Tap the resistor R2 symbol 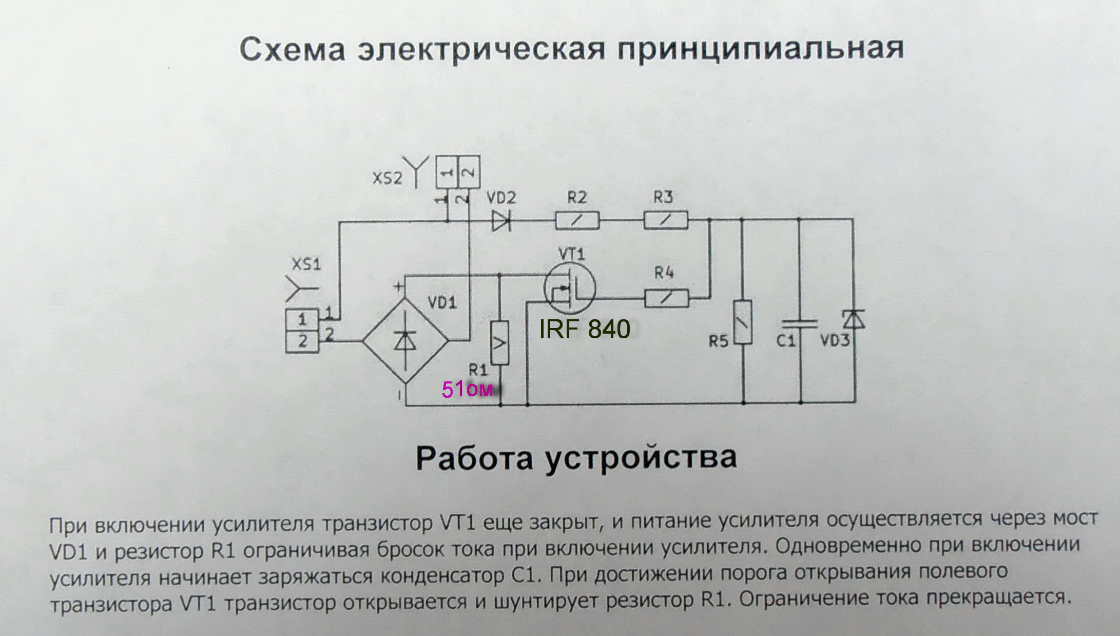[577, 221]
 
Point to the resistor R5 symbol [743, 322]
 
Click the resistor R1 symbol [499, 342]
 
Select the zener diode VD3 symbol [854, 319]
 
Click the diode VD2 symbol [501, 221]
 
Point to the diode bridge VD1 [405, 340]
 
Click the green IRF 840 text [585, 329]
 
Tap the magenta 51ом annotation [467, 390]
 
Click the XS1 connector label [306, 264]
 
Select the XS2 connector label [388, 178]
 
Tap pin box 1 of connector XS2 [447, 172]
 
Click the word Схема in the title [293, 49]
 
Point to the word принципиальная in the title [760, 49]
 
